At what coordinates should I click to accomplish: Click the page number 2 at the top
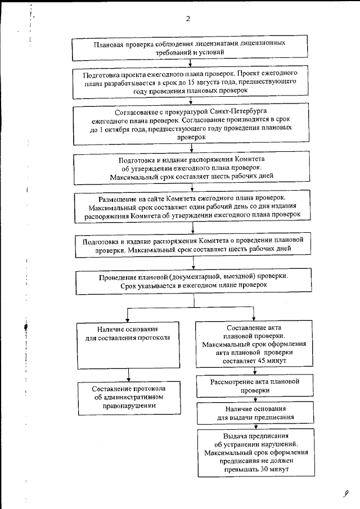click(x=188, y=19)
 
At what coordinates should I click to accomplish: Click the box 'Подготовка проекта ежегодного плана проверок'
click(x=191, y=82)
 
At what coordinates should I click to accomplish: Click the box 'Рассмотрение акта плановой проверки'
click(x=254, y=386)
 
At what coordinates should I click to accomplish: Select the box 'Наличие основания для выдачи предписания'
click(x=254, y=413)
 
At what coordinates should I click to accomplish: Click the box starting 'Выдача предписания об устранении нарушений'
click(x=254, y=453)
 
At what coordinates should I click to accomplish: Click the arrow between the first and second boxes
click(x=191, y=63)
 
